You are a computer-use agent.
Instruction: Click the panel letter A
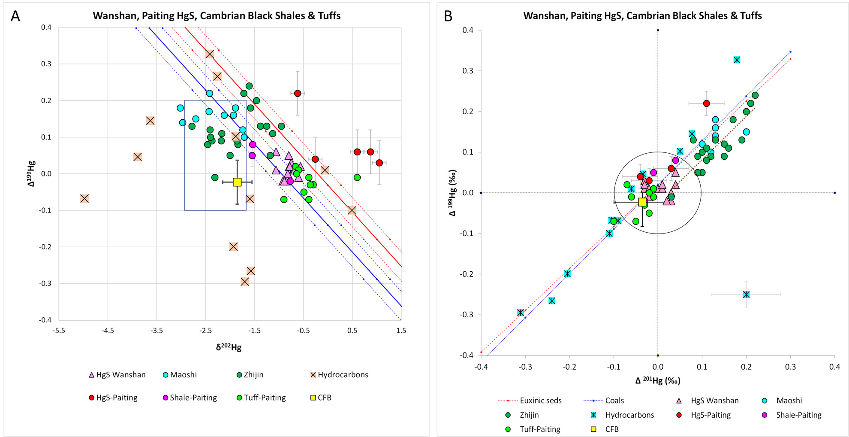click(x=15, y=16)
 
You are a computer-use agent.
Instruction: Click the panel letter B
click(x=448, y=16)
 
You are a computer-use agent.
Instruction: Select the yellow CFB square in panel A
click(x=237, y=182)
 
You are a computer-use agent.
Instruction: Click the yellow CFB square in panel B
click(x=642, y=202)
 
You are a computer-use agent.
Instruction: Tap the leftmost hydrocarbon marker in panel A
click(x=84, y=198)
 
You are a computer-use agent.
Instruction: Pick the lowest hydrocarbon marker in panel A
click(x=245, y=282)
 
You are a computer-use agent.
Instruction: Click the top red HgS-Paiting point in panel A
click(x=298, y=93)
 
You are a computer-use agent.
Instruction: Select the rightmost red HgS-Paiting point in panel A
click(x=379, y=163)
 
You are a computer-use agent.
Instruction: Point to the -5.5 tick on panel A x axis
click(x=59, y=331)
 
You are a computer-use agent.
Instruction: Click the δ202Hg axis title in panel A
click(x=229, y=347)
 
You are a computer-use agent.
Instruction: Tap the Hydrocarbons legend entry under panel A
click(x=339, y=375)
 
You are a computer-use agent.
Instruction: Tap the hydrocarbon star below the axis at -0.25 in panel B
click(x=746, y=294)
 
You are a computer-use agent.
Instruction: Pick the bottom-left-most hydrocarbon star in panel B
click(x=521, y=313)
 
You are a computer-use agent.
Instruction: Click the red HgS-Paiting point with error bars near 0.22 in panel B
click(x=706, y=103)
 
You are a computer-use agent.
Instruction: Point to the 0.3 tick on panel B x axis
click(x=790, y=367)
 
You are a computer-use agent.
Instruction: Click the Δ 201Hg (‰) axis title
click(x=657, y=380)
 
